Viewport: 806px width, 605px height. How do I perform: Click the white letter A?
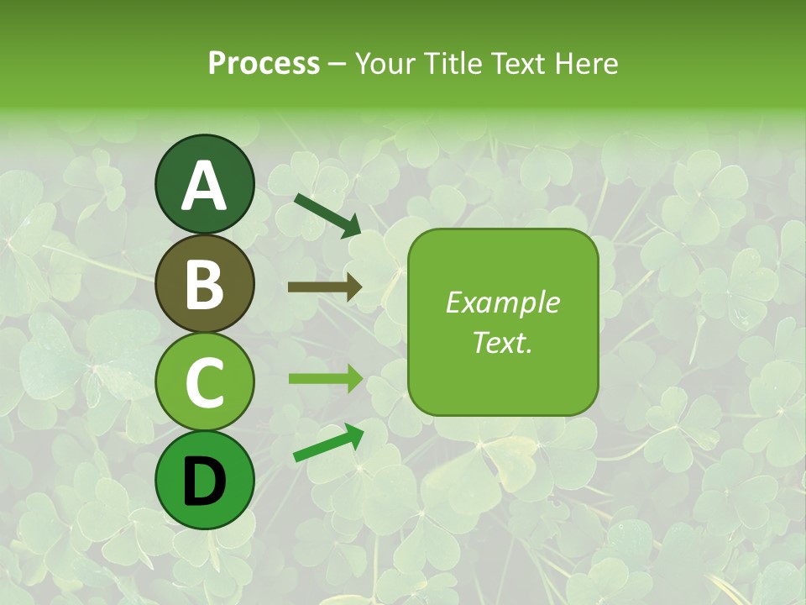point(204,186)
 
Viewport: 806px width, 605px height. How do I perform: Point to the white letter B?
point(204,285)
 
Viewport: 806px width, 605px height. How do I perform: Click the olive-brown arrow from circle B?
point(325,287)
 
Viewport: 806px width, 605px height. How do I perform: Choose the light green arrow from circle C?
point(325,379)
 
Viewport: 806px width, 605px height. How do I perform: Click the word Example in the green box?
point(502,302)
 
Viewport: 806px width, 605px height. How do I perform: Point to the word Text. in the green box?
point(502,342)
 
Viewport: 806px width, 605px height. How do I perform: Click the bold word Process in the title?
point(264,63)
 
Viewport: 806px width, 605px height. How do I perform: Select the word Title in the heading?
point(450,63)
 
